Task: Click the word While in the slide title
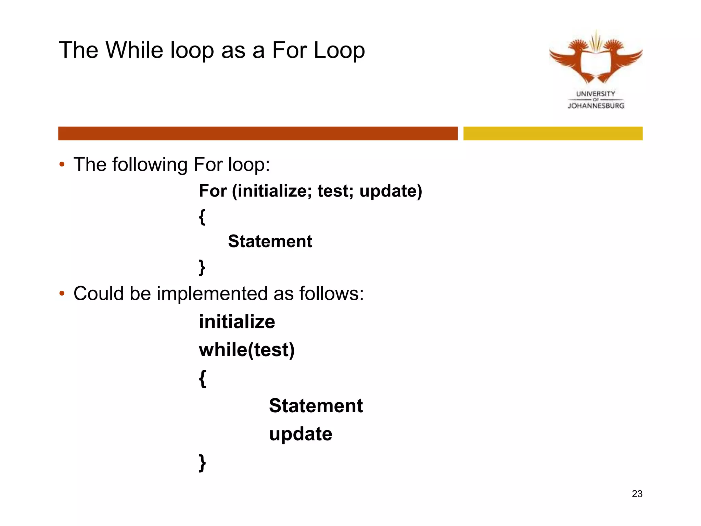point(136,50)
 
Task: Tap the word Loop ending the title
point(339,51)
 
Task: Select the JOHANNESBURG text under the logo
point(596,106)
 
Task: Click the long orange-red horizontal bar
point(258,133)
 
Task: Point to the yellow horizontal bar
point(553,133)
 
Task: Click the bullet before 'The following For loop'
point(62,164)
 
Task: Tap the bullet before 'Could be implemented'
point(62,293)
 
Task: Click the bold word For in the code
point(213,191)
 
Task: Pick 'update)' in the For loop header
point(391,191)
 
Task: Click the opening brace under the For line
point(202,217)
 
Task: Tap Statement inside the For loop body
point(270,241)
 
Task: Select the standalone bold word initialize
point(237,322)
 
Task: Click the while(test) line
point(247,350)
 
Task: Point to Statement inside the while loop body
point(316,406)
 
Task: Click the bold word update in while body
point(301,434)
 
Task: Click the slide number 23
point(637,494)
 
